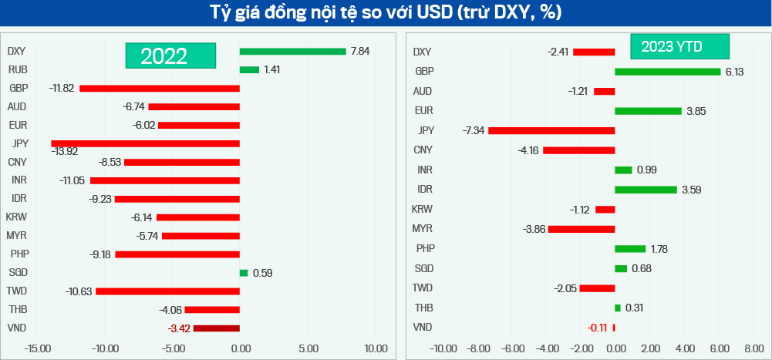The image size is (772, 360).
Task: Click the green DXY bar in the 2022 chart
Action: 292,52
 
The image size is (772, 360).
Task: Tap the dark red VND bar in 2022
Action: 216,328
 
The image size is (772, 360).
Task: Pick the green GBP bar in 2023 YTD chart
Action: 667,72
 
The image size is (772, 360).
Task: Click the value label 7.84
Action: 360,52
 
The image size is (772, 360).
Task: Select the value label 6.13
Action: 735,72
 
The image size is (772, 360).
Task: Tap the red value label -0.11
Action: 597,328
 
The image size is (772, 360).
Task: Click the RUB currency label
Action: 18,69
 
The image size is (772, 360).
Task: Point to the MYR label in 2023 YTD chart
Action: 423,229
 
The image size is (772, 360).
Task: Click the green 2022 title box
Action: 170,56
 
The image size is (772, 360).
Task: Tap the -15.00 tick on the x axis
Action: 36,348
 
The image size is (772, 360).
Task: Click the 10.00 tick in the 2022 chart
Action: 376,348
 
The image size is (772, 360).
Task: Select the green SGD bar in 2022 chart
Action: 244,272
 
